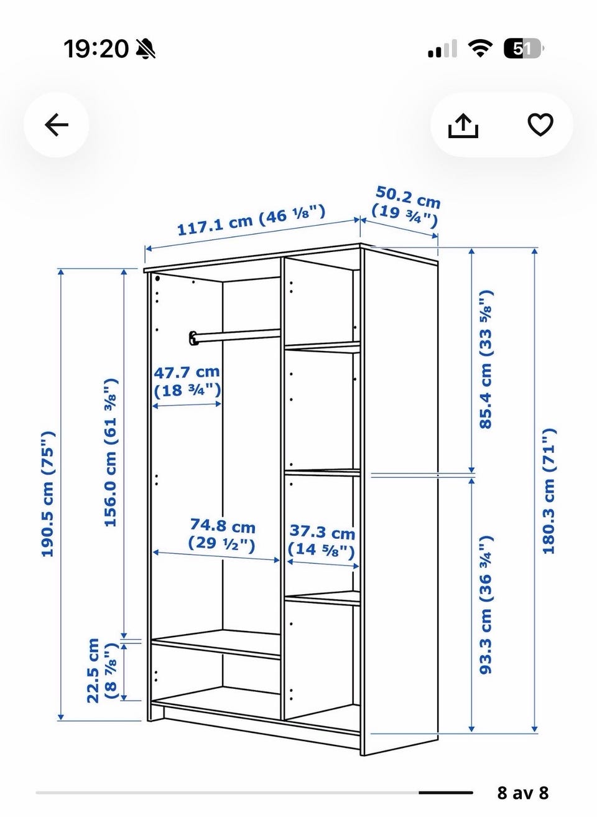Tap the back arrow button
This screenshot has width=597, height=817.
point(57,124)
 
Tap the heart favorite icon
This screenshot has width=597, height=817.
point(540,124)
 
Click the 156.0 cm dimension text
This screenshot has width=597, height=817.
point(111,452)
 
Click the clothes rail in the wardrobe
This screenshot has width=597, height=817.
point(234,335)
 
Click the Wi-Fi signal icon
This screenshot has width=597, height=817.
point(480,49)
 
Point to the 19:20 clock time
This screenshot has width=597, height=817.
point(96,49)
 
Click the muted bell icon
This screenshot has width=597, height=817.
point(146,49)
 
